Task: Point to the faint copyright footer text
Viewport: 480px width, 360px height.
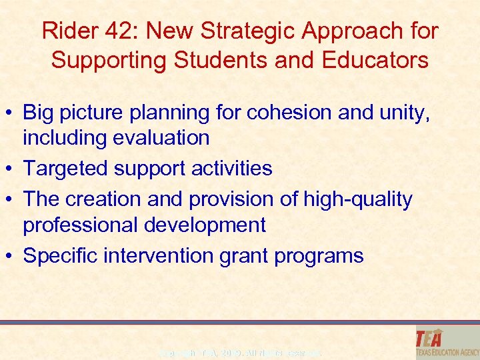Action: click(x=240, y=351)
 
